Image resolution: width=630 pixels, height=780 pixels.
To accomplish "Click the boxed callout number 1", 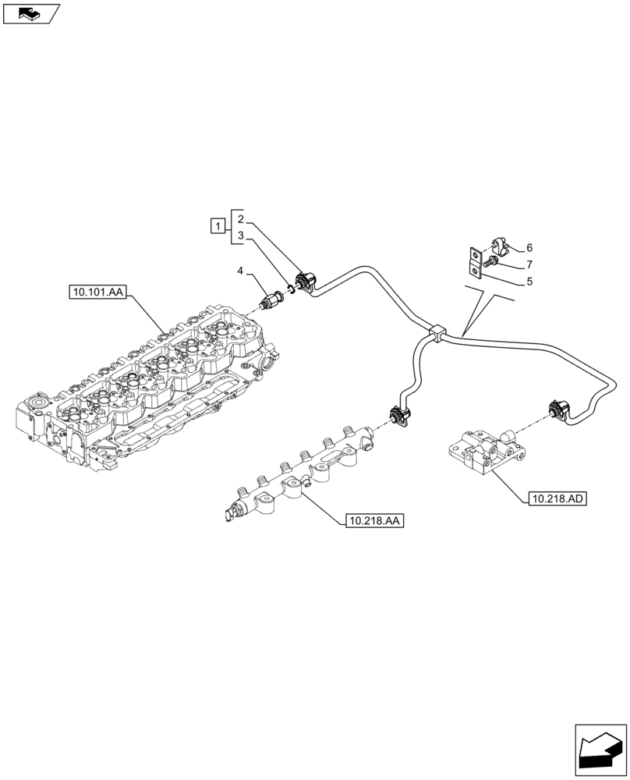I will (x=218, y=226).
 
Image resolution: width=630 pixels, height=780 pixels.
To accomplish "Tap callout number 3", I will (x=241, y=235).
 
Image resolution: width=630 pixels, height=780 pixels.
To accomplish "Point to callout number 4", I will (x=241, y=271).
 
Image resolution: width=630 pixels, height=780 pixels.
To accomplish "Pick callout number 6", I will (x=529, y=247).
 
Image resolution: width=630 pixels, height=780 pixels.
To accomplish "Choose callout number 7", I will (x=529, y=264).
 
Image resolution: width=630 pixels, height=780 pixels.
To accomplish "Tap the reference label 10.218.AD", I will (x=557, y=498).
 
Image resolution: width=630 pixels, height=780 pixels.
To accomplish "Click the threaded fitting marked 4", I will (x=274, y=299).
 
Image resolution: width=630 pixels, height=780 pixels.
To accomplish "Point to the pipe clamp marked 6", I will (x=497, y=248).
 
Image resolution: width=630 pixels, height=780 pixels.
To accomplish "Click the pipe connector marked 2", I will (x=305, y=281).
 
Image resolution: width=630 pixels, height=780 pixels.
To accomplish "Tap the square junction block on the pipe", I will (x=437, y=333).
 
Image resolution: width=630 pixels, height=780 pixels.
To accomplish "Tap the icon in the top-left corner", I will (x=31, y=13).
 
